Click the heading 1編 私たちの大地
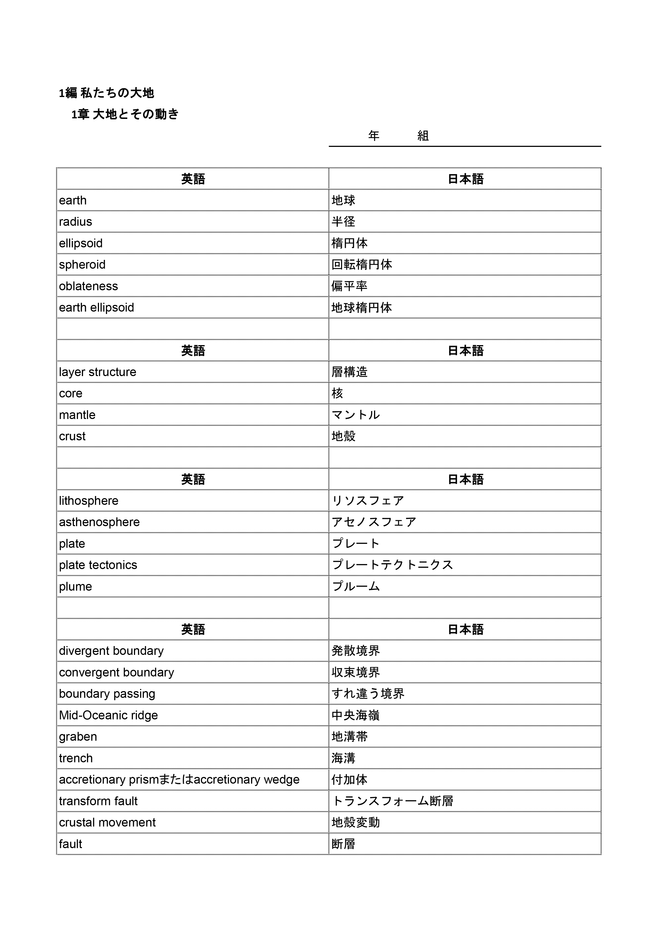point(106,93)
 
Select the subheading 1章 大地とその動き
point(125,114)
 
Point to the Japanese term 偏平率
point(349,286)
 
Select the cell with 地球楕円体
point(361,308)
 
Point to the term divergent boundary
point(111,651)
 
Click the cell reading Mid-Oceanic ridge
point(108,715)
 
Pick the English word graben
point(78,737)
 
